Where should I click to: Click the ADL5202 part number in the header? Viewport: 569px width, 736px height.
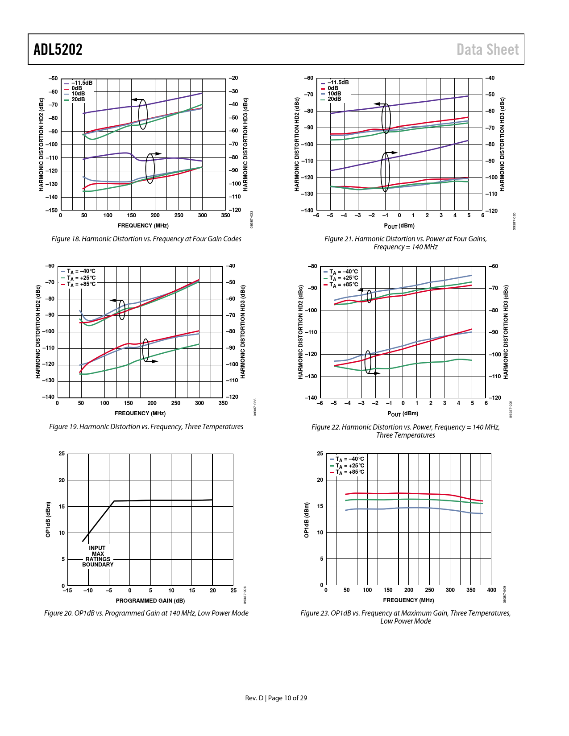click(58, 50)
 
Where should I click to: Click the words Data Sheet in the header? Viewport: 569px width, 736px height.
click(487, 50)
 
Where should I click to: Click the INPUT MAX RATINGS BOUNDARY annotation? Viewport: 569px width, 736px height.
click(98, 556)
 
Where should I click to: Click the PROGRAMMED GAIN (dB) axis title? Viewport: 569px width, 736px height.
click(150, 601)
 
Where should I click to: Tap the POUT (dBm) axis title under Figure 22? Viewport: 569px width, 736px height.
click(403, 414)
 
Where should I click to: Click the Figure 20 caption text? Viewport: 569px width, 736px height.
click(146, 613)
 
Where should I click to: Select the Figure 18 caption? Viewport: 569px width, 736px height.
click(146, 239)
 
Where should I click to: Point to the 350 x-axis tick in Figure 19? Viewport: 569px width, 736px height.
click(223, 403)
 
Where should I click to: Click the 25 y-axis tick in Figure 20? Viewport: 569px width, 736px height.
click(62, 454)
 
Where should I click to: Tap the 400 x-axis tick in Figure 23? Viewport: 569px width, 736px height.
click(491, 590)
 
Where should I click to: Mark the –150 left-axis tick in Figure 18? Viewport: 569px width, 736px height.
click(53, 211)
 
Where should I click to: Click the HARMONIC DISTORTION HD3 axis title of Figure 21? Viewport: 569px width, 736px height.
click(502, 144)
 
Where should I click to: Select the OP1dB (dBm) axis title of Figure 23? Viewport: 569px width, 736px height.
click(307, 520)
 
